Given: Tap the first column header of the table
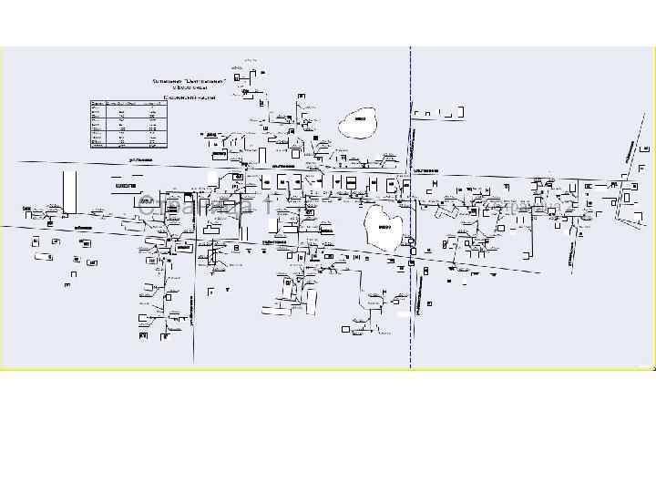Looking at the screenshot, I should (x=97, y=104).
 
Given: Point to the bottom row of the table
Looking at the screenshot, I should (x=128, y=145).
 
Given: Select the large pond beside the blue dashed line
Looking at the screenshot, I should (x=384, y=228).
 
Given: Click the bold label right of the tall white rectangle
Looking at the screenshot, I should (x=126, y=186).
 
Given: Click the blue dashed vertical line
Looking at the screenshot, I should (x=411, y=301).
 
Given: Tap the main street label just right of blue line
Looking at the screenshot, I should (x=426, y=170).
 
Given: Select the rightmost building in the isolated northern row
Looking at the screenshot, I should (x=459, y=113).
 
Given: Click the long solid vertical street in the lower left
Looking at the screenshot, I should (x=194, y=301).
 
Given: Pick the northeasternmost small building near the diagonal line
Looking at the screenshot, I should (x=645, y=146).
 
